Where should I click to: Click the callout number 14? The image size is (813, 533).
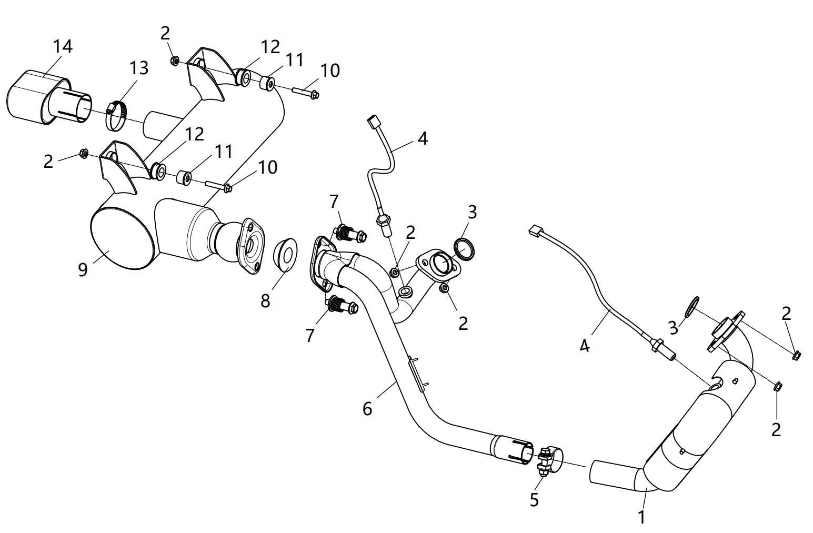click(62, 46)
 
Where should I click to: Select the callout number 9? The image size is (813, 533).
click(83, 269)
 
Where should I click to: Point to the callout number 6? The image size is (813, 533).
click(367, 408)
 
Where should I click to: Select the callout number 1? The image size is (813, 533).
click(641, 517)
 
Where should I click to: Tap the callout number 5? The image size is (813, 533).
click(534, 499)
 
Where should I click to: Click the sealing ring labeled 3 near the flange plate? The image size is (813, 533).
click(464, 249)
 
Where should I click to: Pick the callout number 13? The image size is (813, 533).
click(139, 67)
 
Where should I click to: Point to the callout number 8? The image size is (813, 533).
click(265, 300)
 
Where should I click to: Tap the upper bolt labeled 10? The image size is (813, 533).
click(304, 93)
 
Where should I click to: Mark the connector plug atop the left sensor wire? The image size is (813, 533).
click(374, 121)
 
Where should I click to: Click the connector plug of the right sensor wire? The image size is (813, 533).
click(535, 230)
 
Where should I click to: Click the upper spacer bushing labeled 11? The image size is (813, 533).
click(268, 83)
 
